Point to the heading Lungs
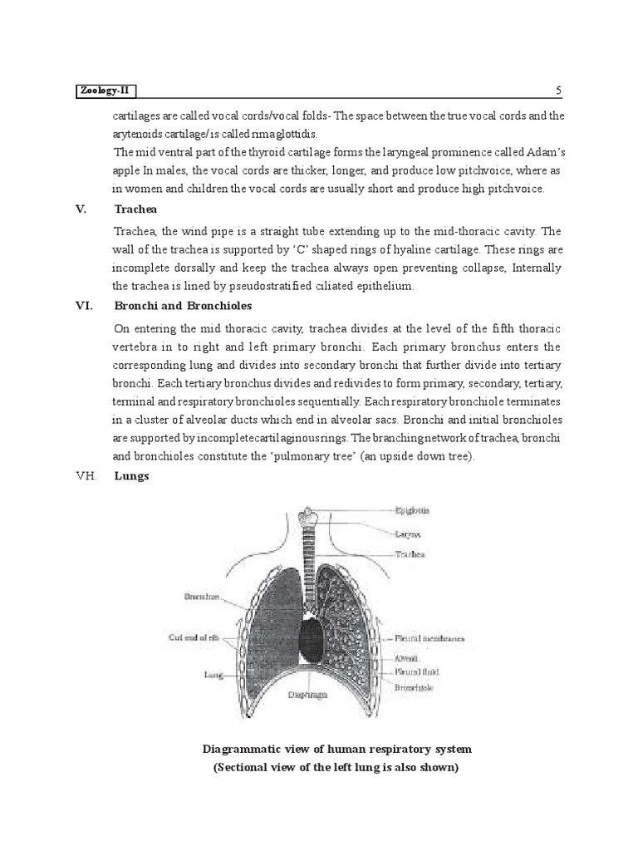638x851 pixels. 131,477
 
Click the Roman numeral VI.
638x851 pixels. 82,305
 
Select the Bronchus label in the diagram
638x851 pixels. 200,596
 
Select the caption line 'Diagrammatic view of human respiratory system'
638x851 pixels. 336,749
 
